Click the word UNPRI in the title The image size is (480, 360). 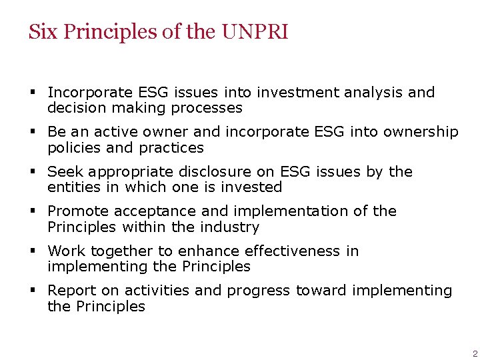(x=255, y=32)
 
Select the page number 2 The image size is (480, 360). (x=475, y=354)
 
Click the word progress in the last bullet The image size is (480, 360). (x=259, y=291)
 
